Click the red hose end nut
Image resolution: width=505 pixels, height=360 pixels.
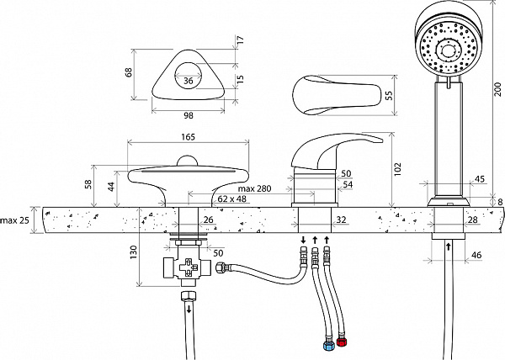[341, 341]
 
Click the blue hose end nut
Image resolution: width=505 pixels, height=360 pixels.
[327, 346]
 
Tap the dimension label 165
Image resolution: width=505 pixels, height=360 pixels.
[188, 137]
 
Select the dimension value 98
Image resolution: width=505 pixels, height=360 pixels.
[188, 115]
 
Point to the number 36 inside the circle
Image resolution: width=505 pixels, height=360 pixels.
[188, 81]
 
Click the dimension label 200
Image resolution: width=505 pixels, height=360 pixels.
[498, 90]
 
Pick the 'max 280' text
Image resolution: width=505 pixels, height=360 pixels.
[254, 188]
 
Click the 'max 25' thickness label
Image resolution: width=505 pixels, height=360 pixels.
[14, 220]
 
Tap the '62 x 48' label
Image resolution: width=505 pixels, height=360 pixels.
[232, 199]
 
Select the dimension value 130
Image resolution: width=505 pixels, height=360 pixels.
[134, 252]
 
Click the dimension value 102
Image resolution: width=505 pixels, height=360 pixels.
[398, 169]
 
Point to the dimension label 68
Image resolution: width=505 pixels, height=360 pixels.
[129, 72]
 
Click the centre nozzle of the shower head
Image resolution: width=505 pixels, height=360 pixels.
[447, 50]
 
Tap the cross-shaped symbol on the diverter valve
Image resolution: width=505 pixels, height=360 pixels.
[189, 267]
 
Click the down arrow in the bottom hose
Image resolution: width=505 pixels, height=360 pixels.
[189, 310]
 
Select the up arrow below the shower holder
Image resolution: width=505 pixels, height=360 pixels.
[448, 247]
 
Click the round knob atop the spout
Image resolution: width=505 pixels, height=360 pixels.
[188, 161]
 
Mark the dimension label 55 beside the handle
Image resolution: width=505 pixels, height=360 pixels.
[389, 95]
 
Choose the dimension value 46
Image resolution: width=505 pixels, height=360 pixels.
[476, 255]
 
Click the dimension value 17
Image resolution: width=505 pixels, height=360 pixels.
[241, 40]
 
